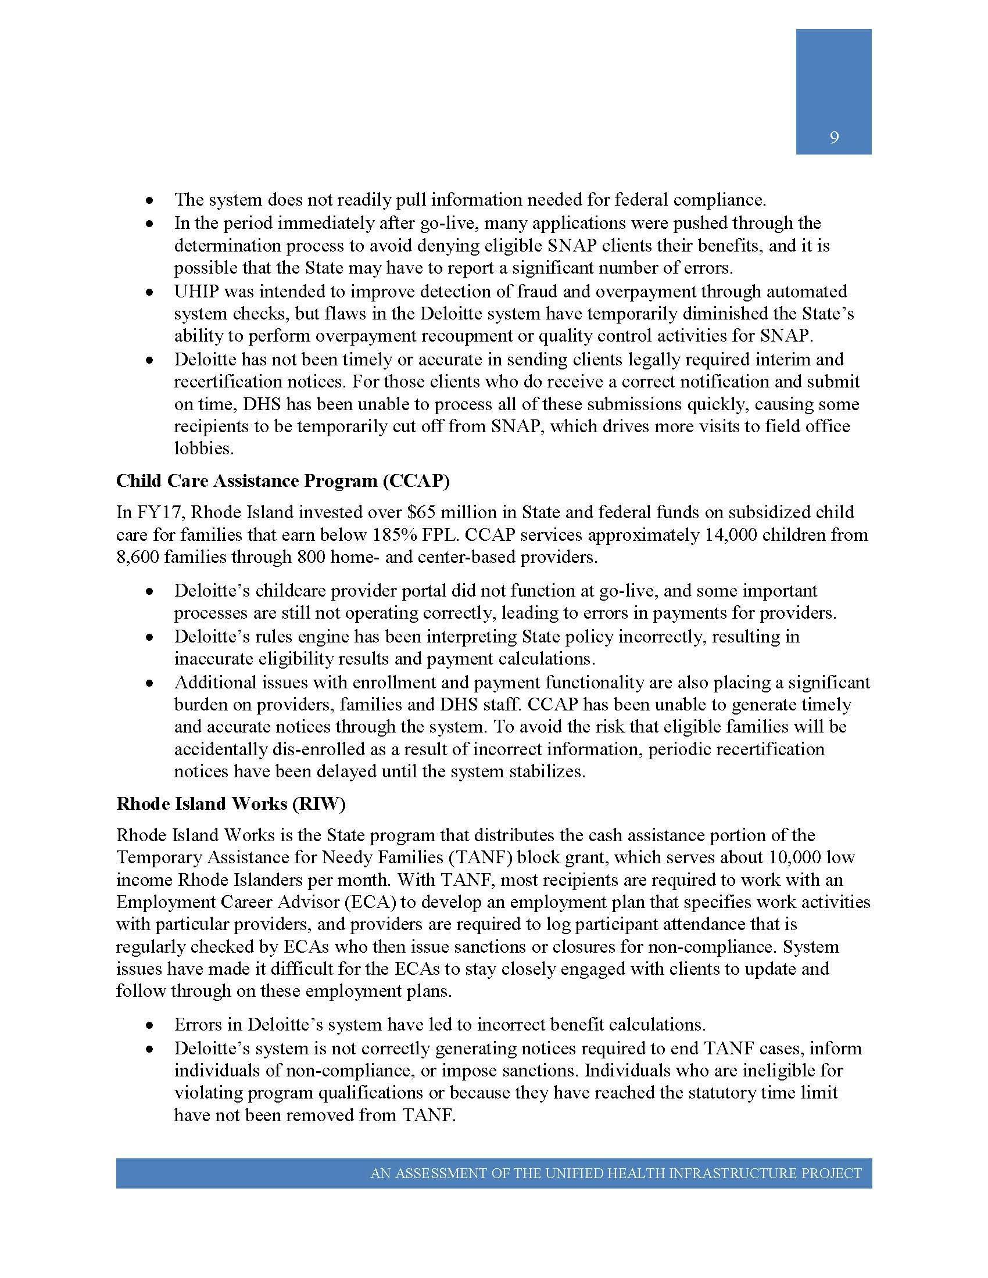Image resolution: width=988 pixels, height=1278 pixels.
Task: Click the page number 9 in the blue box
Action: point(834,138)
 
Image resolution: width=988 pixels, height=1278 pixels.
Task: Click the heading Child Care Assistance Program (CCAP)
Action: point(282,480)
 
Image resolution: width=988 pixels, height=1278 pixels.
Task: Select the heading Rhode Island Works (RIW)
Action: point(231,803)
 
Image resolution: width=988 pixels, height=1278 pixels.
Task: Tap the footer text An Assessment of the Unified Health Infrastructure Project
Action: point(615,1173)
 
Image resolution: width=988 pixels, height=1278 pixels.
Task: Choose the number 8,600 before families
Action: point(138,557)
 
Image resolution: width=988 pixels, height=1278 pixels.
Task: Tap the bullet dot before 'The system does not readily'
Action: point(151,201)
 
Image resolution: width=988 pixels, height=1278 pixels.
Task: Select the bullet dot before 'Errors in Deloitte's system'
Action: point(151,1026)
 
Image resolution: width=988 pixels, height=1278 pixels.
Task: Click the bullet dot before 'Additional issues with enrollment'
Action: point(151,684)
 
